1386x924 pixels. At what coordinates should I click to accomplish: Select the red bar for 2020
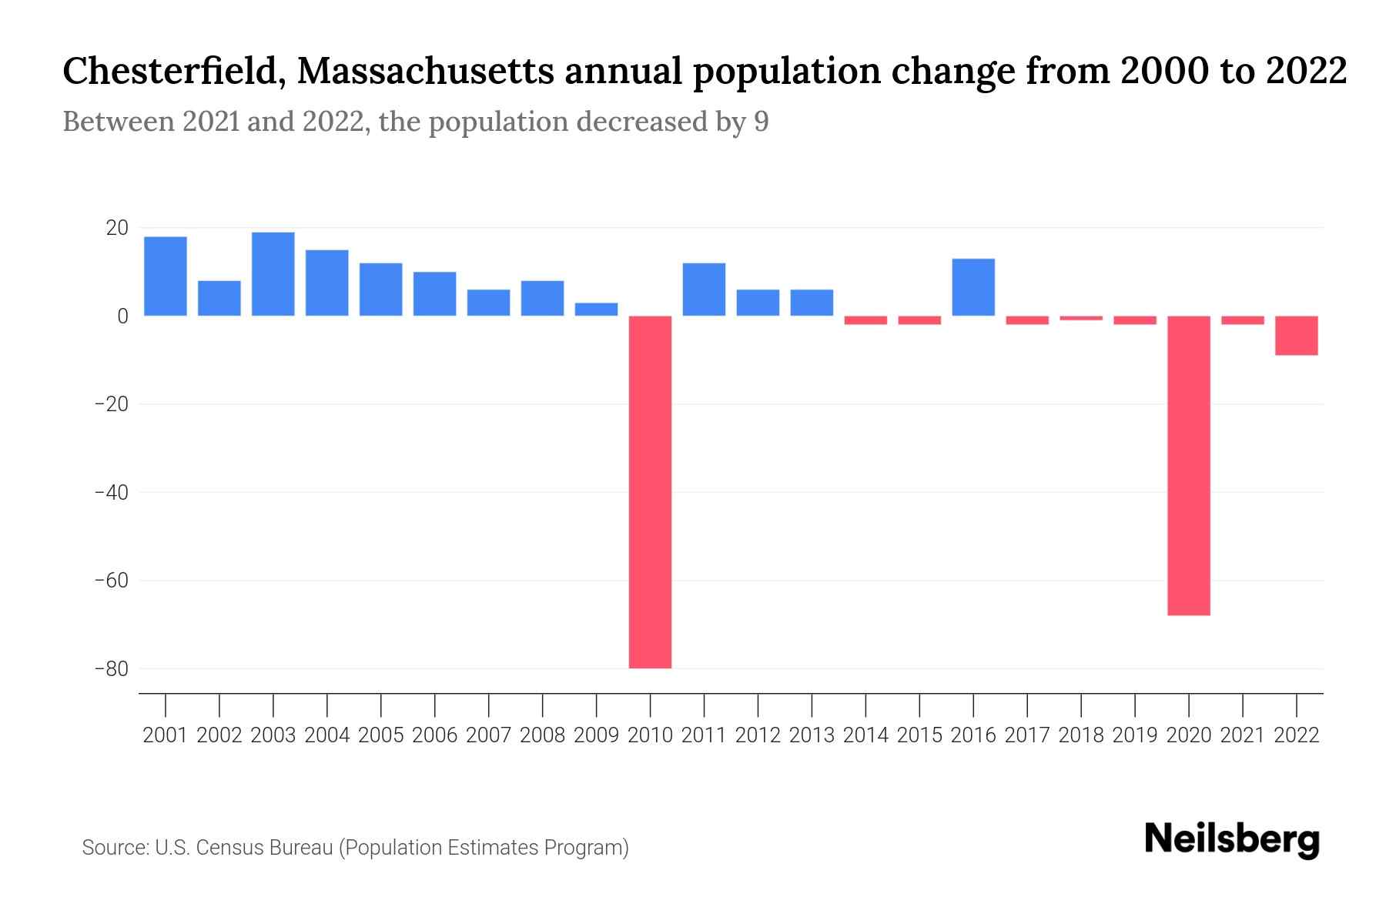point(1188,465)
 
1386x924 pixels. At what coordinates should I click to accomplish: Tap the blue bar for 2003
point(273,274)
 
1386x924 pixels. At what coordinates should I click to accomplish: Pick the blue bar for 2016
point(973,287)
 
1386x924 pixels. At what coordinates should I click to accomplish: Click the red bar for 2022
point(1296,335)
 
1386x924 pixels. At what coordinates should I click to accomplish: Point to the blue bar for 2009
point(596,309)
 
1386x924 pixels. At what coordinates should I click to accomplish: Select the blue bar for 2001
point(166,276)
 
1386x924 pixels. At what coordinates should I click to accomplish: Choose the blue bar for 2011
point(704,290)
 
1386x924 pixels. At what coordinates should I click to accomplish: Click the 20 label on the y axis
point(117,228)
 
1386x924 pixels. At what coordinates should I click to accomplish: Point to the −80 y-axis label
point(111,668)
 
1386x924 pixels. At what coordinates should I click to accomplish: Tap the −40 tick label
point(111,492)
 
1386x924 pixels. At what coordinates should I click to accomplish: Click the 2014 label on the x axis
point(865,735)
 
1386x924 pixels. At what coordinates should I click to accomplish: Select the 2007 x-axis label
point(488,735)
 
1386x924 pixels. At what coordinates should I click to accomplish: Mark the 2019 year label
point(1134,735)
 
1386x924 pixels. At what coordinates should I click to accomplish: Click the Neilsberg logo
point(1232,840)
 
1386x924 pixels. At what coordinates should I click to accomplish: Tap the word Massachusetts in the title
point(424,72)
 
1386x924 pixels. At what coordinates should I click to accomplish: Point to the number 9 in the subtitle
point(761,122)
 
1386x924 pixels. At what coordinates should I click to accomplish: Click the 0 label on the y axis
point(122,316)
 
